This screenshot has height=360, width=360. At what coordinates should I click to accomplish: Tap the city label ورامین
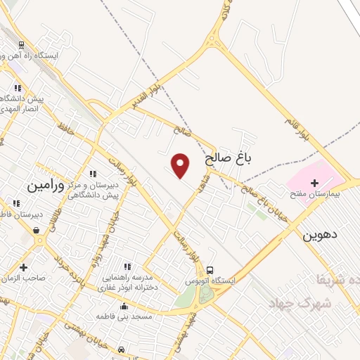click(x=46, y=186)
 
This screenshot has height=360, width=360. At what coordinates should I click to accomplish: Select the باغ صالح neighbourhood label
click(x=229, y=159)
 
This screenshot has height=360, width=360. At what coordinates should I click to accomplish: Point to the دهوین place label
click(x=320, y=236)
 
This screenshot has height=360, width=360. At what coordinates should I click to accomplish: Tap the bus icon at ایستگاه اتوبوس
click(x=210, y=270)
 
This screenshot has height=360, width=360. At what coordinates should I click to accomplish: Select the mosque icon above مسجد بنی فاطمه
click(x=124, y=307)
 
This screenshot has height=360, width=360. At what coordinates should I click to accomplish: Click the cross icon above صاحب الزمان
click(x=24, y=267)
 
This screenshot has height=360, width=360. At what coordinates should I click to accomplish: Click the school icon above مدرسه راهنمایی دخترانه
click(x=127, y=266)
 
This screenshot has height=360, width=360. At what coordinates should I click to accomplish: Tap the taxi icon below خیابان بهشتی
click(x=122, y=349)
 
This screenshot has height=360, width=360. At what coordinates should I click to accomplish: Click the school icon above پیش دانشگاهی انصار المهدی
click(x=18, y=88)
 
